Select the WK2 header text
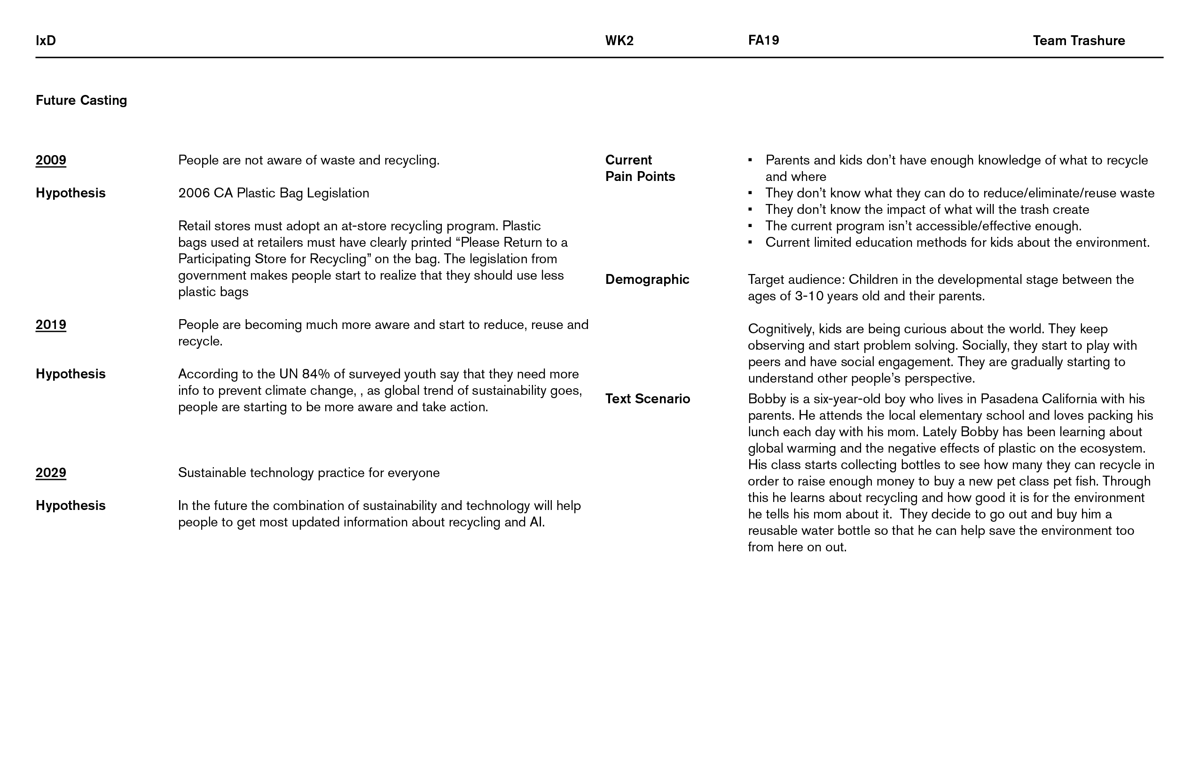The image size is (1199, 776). point(619,40)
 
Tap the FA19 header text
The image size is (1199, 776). point(763,40)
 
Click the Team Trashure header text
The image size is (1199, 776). point(1079,40)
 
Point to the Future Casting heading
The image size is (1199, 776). point(81,100)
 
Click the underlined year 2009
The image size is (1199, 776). point(51,160)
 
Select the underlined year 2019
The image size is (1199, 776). point(51,324)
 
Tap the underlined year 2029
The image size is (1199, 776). point(51,473)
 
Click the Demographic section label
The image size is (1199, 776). point(647,280)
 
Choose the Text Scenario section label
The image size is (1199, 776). point(647,399)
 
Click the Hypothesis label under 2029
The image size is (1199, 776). point(71,505)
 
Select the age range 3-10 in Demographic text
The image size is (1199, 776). point(809,296)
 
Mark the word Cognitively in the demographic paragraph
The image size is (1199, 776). point(780,329)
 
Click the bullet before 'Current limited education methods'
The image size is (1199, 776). point(750,243)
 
